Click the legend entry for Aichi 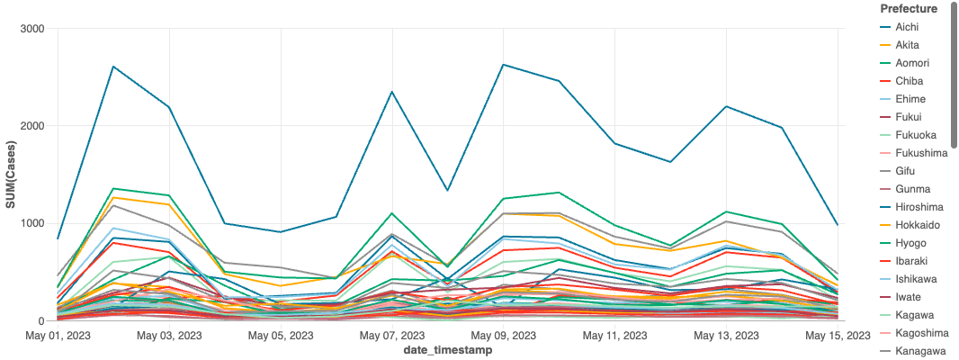908,27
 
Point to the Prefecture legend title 909,9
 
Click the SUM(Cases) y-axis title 12,175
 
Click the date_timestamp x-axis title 448,350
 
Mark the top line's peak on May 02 113,67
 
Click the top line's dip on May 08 448,190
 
